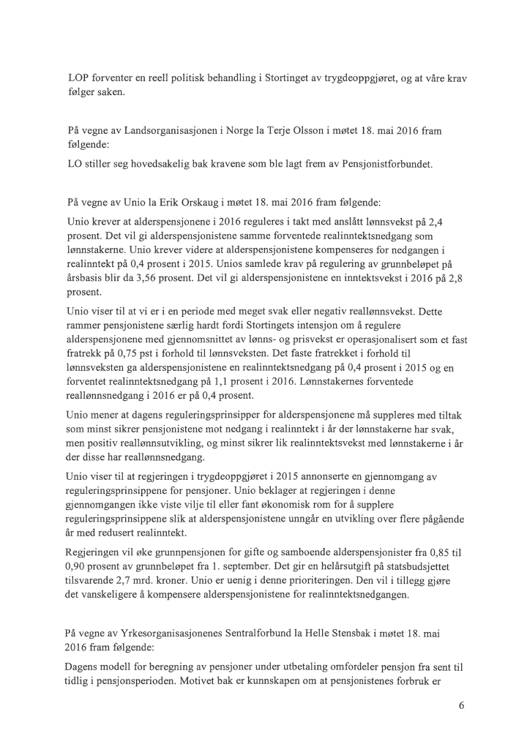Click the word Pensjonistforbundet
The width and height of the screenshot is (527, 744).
(x=388, y=164)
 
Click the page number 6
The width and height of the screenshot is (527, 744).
(x=462, y=707)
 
